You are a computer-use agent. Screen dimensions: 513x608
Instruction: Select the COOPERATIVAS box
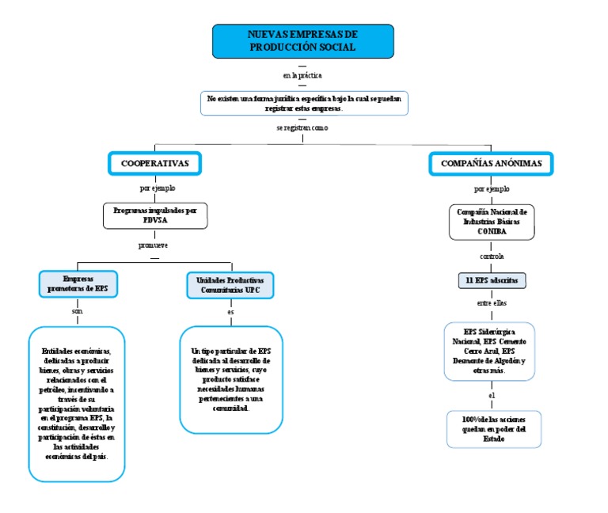154,163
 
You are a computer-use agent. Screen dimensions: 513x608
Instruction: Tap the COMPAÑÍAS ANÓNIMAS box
492,163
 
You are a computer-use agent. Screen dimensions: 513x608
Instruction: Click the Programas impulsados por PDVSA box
154,216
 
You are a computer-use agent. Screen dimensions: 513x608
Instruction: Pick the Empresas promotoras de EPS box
78,284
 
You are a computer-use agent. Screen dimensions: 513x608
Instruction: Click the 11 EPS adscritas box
492,280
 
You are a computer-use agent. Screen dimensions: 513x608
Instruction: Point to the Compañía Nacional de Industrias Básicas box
492,222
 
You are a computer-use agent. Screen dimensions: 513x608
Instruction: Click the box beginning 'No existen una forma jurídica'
304,103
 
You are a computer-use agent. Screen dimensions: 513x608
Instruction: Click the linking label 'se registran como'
302,127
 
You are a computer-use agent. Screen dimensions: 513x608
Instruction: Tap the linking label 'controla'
492,256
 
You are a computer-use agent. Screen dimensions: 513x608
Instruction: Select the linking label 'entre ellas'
492,302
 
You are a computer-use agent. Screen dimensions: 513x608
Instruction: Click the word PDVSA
155,222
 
